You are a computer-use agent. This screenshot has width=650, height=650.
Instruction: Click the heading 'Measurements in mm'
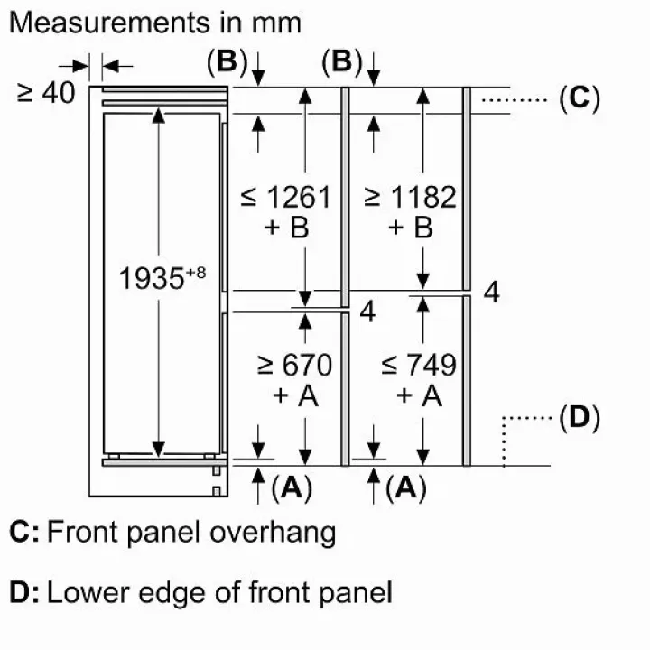154,22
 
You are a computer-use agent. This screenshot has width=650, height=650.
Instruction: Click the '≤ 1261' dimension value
286,196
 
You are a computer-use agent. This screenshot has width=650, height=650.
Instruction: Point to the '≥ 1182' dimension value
409,196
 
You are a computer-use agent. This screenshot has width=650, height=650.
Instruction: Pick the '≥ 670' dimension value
294,365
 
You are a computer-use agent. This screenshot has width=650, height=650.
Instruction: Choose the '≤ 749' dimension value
418,365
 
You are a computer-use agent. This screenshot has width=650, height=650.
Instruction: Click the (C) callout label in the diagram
579,97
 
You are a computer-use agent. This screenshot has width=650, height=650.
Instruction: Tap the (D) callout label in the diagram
579,418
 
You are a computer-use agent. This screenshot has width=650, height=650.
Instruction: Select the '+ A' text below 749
419,395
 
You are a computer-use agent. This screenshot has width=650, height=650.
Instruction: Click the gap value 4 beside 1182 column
491,292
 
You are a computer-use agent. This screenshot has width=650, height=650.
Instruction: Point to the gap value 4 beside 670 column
367,311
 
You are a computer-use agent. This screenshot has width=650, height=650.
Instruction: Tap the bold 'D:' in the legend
23,592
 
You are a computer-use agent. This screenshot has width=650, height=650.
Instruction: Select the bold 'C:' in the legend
23,532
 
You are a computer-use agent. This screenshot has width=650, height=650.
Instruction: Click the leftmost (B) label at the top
226,62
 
